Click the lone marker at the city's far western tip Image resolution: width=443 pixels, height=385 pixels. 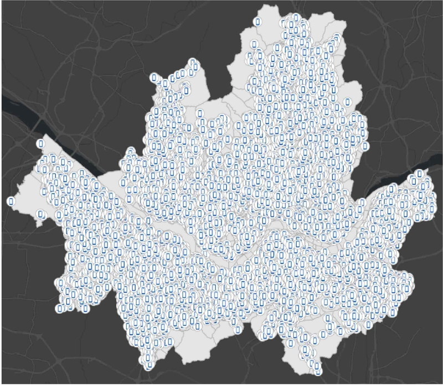[11, 201]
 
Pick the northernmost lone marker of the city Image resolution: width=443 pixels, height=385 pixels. [257, 21]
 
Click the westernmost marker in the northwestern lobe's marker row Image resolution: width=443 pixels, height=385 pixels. [154, 79]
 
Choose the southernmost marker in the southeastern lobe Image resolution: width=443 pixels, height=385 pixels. [317, 365]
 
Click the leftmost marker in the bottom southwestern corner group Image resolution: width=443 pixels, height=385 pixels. [60, 308]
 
